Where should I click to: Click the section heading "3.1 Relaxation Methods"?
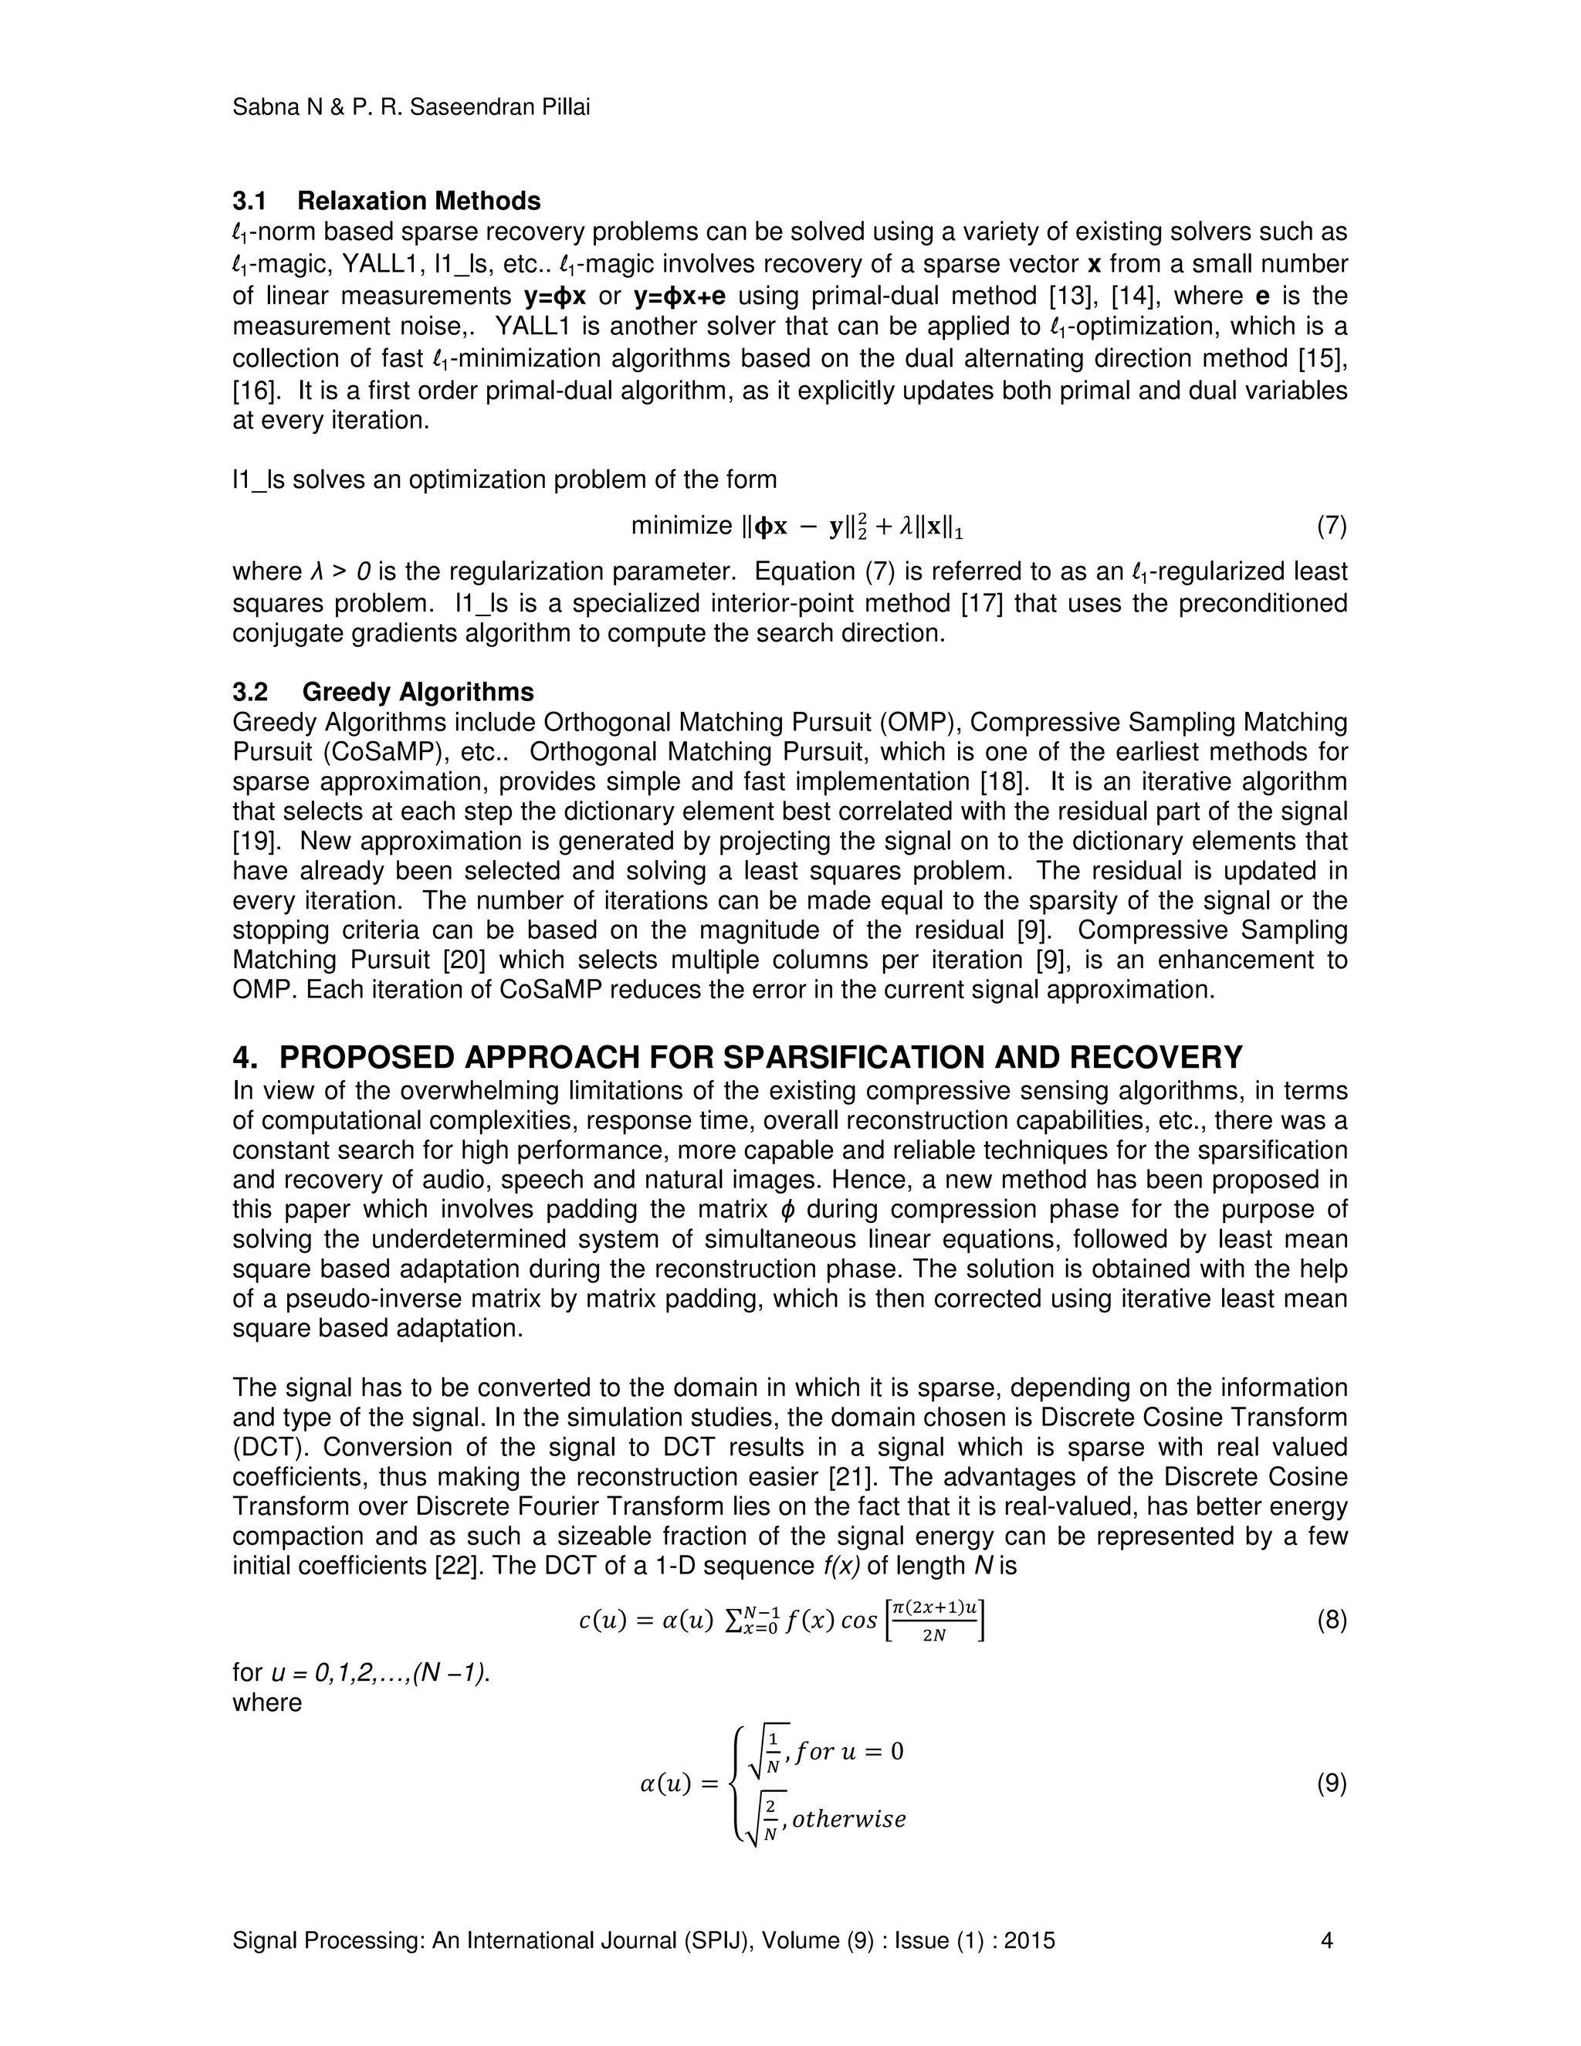coord(386,202)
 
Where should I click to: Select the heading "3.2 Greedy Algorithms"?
coord(383,693)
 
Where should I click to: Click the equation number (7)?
coord(1331,527)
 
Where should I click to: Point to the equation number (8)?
coord(1331,1621)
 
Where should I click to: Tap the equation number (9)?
coord(1331,1783)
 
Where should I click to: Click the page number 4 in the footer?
coord(1326,1941)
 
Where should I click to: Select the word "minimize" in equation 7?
coord(681,527)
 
